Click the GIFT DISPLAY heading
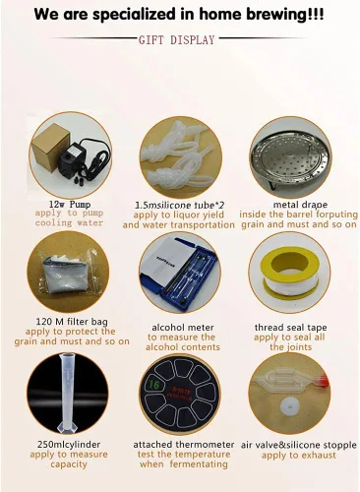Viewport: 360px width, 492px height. coord(176,39)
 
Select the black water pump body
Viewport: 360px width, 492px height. coord(74,157)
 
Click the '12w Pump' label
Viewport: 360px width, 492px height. coord(70,205)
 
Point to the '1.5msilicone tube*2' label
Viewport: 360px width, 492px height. coord(180,206)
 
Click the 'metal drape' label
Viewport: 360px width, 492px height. coord(300,205)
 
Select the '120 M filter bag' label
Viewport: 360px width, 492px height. coord(72,321)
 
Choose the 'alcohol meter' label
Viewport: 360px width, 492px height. coord(183,328)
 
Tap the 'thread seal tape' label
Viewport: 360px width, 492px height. coord(290,328)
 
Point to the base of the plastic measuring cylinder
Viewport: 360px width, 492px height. coord(67,426)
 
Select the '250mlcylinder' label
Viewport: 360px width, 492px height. coord(69,445)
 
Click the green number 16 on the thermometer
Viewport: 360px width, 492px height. coord(154,385)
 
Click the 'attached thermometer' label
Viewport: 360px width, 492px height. coord(184,445)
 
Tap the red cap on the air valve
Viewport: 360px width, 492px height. coord(323,381)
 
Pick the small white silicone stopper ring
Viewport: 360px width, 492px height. coord(289,406)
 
